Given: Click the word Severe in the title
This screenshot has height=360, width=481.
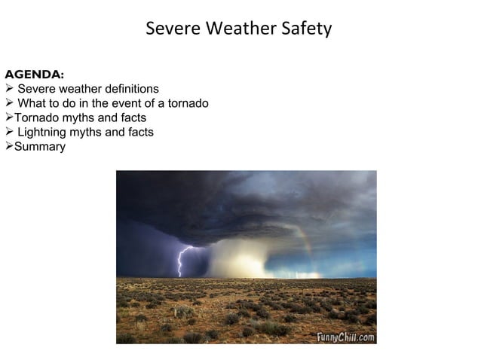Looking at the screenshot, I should pos(171,29).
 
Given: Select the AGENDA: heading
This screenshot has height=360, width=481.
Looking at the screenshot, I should pos(34,75).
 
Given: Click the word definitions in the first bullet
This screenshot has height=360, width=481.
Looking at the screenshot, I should pos(129,89).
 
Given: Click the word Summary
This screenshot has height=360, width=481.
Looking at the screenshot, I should pos(40,146).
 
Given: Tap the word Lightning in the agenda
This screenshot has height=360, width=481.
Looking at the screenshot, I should pos(41,132).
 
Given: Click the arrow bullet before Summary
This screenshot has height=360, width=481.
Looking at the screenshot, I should pos(9,146).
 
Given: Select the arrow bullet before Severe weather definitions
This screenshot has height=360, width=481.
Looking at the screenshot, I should pos(9,89).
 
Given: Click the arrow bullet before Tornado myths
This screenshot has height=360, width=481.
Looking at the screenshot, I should pos(9,117).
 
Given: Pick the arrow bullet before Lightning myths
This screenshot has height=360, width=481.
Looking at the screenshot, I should pos(9,132).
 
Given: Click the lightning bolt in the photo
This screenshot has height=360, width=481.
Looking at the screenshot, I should pos(181,261).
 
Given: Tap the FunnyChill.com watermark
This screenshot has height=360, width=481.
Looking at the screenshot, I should pos(345,337).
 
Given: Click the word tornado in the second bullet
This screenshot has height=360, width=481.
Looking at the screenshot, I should pos(188,103).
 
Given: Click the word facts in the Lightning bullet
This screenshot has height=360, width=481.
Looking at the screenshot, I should pos(139,132).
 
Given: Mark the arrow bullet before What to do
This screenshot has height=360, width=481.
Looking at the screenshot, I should pos(9,103).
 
